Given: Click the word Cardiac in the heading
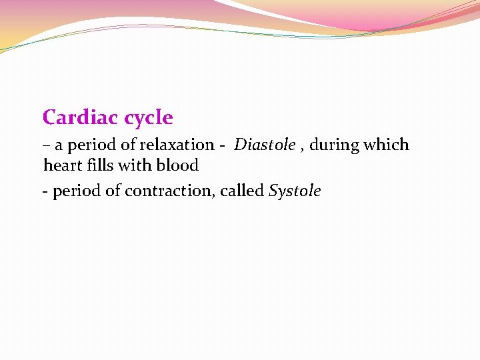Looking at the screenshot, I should [x=73, y=118].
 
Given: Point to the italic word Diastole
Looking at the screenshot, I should [x=265, y=145].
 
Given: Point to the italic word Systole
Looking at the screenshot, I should [x=295, y=191].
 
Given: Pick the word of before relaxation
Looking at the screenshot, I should [x=126, y=145].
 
